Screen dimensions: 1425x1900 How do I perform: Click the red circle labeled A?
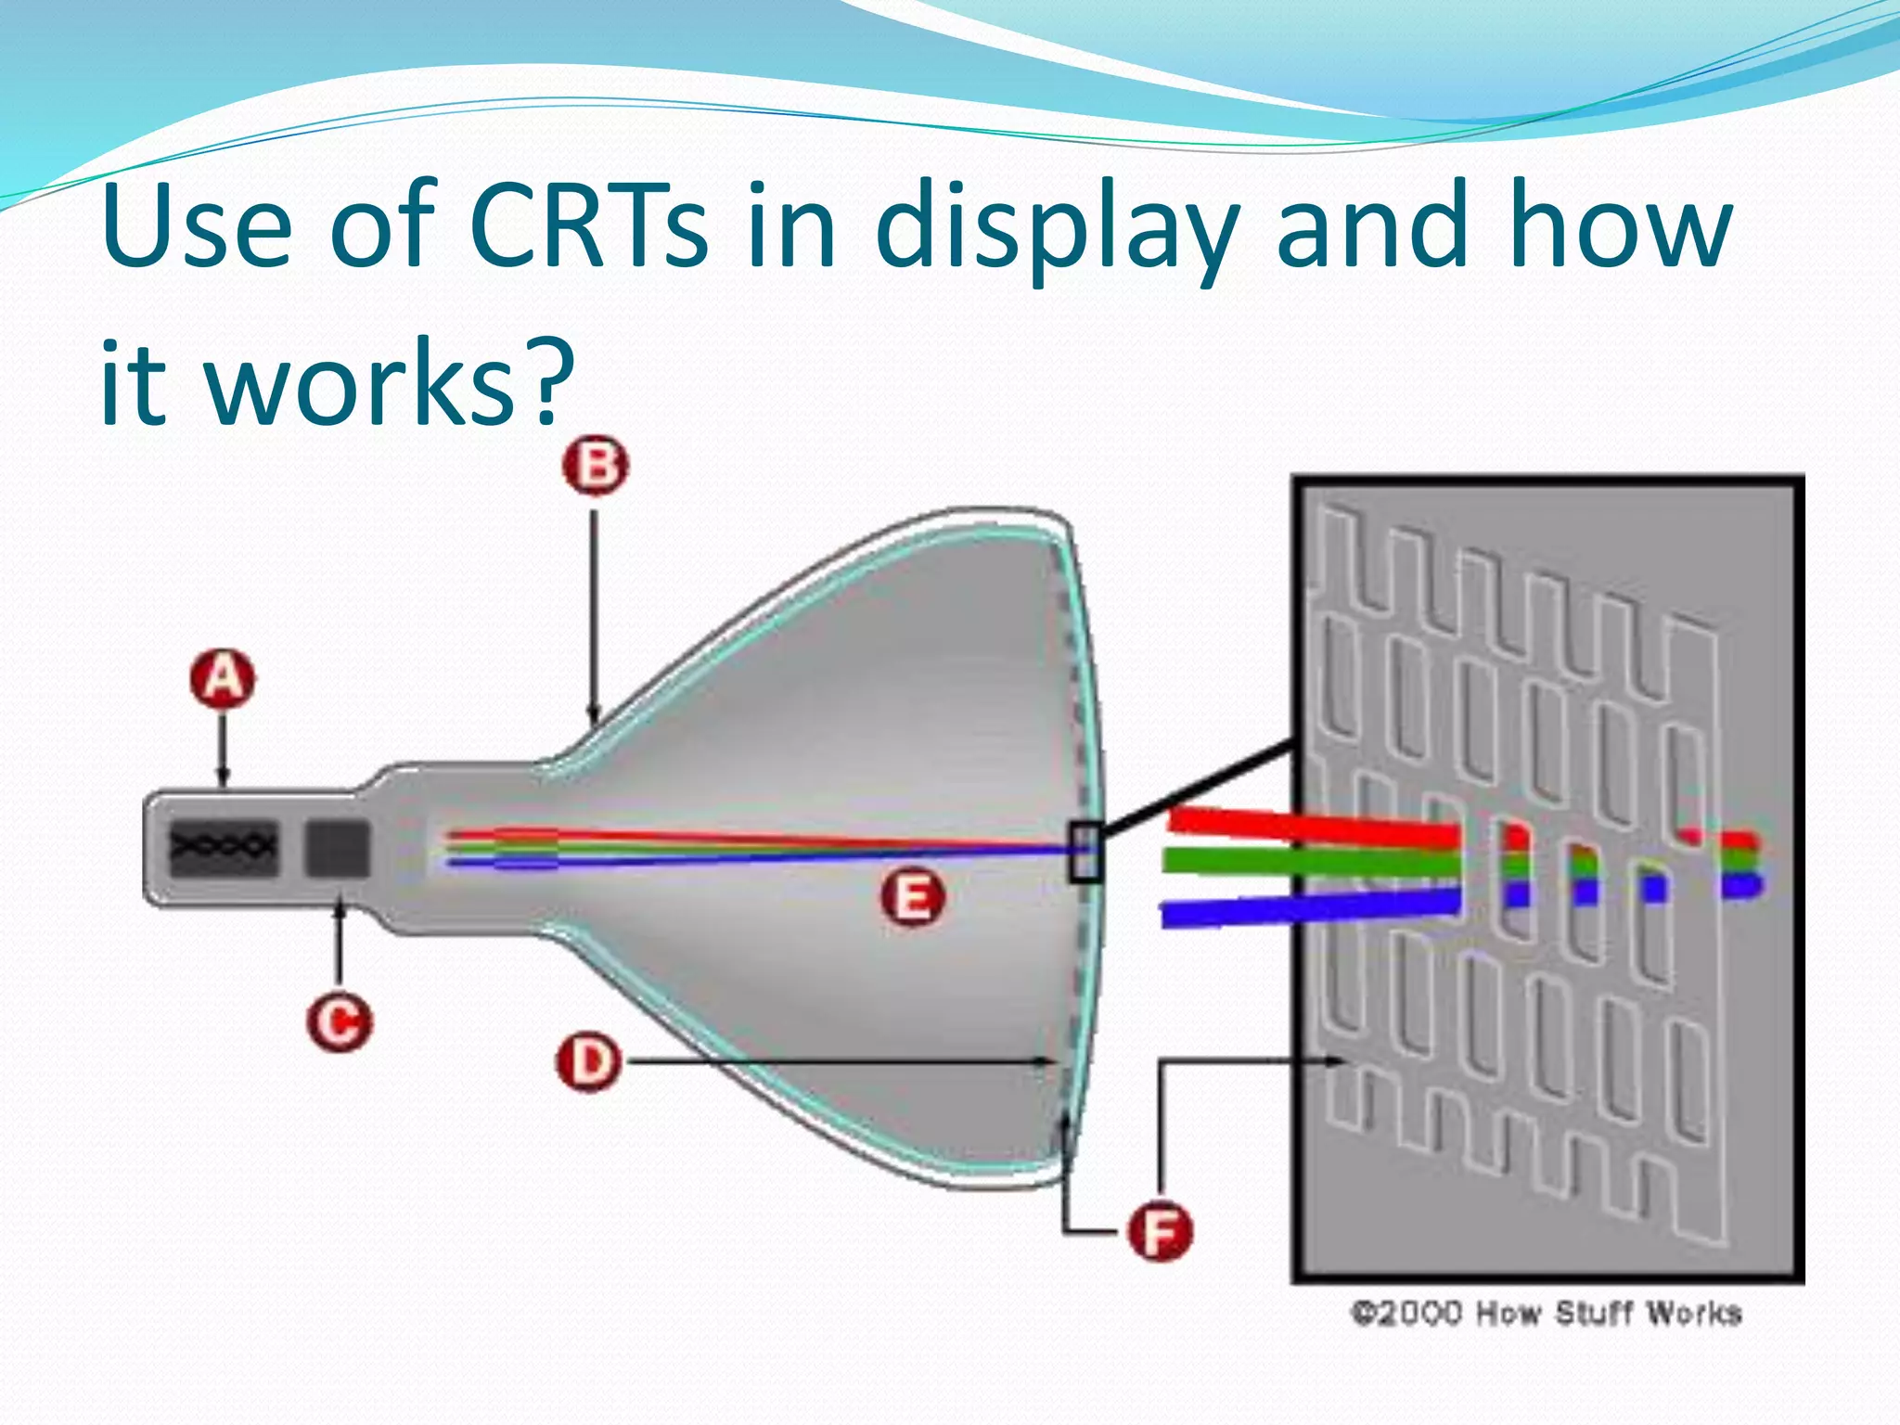click(223, 680)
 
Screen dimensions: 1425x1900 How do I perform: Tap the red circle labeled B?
click(595, 465)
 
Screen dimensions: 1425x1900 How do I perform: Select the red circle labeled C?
click(340, 1022)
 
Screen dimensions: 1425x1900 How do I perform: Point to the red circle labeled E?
click(913, 898)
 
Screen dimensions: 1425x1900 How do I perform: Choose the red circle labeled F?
click(1160, 1231)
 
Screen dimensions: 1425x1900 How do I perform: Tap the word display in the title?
click(1057, 232)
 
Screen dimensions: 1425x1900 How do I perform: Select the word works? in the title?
click(389, 383)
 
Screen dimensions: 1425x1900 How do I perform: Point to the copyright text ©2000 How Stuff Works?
click(1546, 1314)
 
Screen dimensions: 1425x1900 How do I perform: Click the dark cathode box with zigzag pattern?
click(224, 848)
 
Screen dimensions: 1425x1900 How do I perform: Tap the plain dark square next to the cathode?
click(338, 848)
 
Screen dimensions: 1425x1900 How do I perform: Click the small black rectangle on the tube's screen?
click(1085, 852)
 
